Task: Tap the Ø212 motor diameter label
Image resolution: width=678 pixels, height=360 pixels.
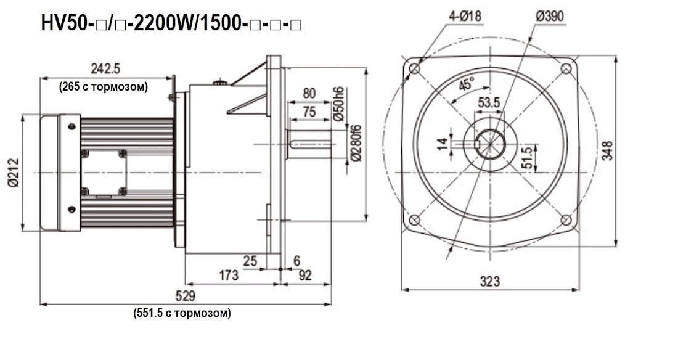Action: pos(14,173)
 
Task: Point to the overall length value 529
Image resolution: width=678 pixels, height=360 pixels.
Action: pos(186,295)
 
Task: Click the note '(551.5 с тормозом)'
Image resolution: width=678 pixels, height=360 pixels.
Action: pos(182,313)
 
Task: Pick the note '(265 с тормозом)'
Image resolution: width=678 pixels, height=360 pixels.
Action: pos(104,87)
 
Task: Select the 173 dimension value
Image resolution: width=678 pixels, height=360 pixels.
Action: pos(229,276)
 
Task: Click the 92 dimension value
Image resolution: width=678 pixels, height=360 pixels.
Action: pos(305,276)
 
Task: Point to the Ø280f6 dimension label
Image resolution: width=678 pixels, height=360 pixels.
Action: pos(355,142)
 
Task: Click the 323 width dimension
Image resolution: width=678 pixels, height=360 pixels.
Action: pos(489,282)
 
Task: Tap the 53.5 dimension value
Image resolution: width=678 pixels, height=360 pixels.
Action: pos(489,102)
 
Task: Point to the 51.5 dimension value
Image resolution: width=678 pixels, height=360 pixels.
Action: pos(526,158)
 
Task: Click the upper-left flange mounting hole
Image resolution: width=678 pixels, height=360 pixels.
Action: pos(415,69)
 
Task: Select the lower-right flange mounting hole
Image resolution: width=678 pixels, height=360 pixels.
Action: pos(566,220)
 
